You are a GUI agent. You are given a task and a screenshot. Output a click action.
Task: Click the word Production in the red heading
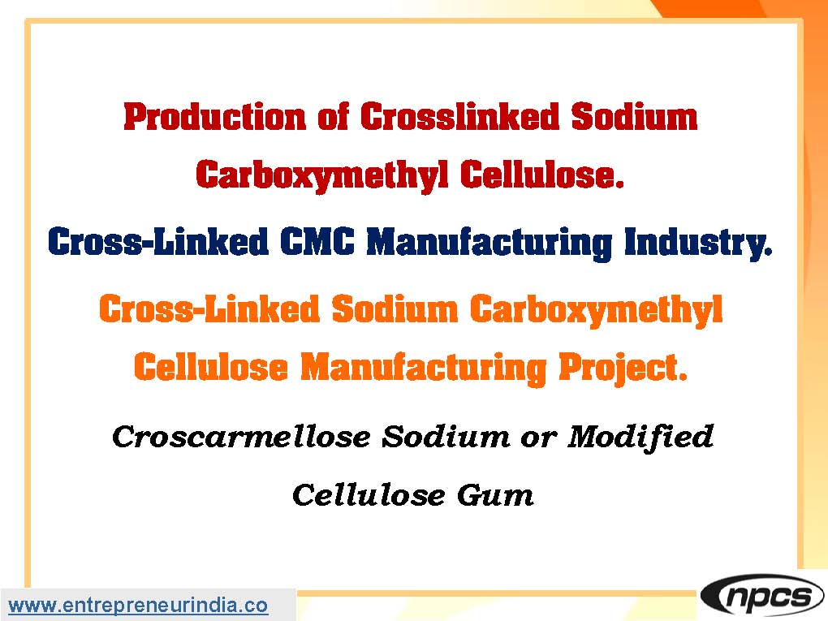(x=215, y=117)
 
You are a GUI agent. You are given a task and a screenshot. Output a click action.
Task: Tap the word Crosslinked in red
(x=459, y=117)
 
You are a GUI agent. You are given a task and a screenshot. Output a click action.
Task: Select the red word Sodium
(x=634, y=117)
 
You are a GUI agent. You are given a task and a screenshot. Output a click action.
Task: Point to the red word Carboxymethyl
(x=321, y=175)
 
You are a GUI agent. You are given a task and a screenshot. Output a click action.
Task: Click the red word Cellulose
(x=542, y=175)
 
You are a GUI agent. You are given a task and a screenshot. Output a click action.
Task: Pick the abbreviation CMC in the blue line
(x=317, y=243)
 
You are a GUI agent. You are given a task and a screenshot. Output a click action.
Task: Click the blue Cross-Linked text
(x=158, y=243)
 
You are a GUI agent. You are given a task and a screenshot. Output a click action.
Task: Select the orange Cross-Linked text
(x=209, y=309)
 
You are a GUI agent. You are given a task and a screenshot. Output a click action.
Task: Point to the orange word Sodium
(x=395, y=309)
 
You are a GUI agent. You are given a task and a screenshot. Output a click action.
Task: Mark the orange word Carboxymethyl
(x=596, y=310)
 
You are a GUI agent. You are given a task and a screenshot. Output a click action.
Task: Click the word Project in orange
(x=623, y=369)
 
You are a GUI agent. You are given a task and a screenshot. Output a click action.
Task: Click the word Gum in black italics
(x=495, y=495)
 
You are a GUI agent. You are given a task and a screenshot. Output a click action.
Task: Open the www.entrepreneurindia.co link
(x=138, y=605)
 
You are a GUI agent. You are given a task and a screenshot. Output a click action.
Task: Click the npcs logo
(x=762, y=596)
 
